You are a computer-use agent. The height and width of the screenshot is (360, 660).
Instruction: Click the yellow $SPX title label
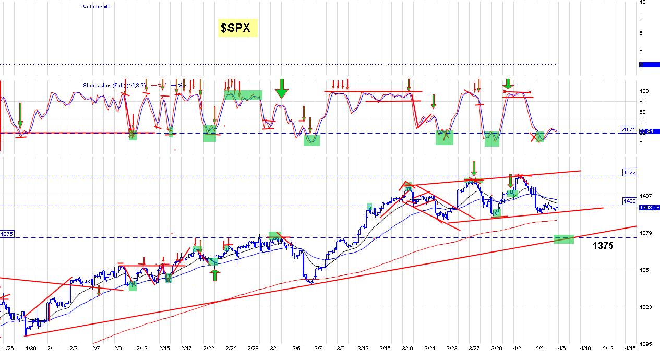tap(237, 28)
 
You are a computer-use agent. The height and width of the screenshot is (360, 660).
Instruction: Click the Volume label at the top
tap(95, 7)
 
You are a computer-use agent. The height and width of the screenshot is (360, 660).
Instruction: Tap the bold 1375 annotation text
tap(603, 246)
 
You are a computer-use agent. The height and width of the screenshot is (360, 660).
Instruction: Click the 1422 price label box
tap(629, 172)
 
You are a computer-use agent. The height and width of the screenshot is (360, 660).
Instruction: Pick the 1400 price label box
tap(629, 201)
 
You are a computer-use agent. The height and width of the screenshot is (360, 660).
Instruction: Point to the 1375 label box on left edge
tap(7, 235)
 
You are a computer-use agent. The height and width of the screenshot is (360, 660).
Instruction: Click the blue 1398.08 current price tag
tap(649, 207)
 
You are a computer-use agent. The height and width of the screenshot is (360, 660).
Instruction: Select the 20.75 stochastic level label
tap(628, 129)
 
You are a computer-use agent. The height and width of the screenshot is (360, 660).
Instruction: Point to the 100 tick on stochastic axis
tap(644, 91)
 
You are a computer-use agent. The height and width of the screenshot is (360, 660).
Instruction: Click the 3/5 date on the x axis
tap(296, 347)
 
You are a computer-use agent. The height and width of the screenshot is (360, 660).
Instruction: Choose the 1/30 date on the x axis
tap(31, 347)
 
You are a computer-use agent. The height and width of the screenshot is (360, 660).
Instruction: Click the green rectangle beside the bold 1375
tap(563, 239)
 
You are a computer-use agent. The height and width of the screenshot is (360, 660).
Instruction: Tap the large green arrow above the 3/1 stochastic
tap(281, 89)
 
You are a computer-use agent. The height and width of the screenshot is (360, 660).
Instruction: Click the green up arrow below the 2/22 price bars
tap(215, 275)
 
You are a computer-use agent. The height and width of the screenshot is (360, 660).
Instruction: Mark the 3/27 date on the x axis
tap(474, 347)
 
